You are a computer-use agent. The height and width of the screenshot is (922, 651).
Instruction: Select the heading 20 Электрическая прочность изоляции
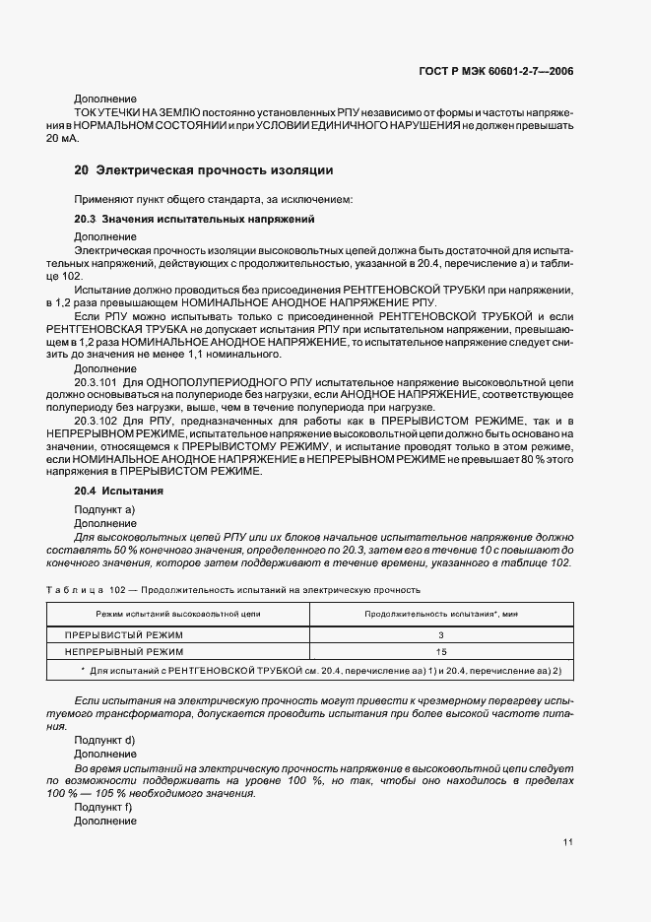[x=204, y=170]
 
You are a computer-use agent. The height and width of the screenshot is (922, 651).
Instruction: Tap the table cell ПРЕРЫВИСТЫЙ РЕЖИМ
[x=124, y=635]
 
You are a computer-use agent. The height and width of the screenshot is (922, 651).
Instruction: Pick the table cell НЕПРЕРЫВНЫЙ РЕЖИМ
[x=124, y=652]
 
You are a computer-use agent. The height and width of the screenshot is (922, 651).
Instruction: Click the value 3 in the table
[x=441, y=635]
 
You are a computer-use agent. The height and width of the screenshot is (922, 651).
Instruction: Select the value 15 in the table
[x=441, y=652]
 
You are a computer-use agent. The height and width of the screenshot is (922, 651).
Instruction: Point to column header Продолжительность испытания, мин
[x=441, y=613]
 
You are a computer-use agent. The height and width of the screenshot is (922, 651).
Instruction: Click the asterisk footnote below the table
[x=320, y=670]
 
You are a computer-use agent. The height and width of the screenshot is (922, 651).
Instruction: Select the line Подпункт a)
[x=104, y=508]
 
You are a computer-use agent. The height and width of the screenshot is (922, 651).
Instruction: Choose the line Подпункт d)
[x=104, y=739]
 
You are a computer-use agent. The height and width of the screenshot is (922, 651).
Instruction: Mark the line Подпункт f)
[x=103, y=807]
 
